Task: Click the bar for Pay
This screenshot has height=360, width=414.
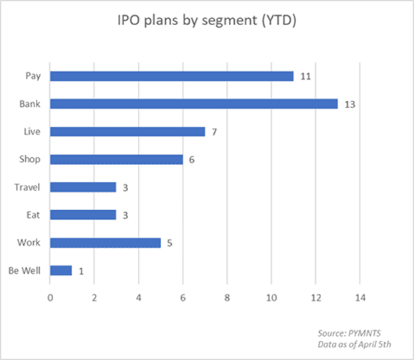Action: pyautogui.click(x=171, y=76)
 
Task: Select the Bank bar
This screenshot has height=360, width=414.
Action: pyautogui.click(x=194, y=104)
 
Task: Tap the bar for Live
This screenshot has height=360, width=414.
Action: pyautogui.click(x=127, y=132)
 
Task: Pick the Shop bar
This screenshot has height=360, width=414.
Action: pyautogui.click(x=116, y=159)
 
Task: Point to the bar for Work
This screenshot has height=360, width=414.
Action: pyautogui.click(x=105, y=243)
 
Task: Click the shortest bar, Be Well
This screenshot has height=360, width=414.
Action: pyautogui.click(x=60, y=270)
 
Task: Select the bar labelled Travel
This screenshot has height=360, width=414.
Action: pyautogui.click(x=83, y=187)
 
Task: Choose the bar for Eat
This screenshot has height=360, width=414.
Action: pyautogui.click(x=83, y=215)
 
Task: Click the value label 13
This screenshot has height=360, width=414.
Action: pyautogui.click(x=350, y=104)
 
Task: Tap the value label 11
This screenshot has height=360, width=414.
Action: pyautogui.click(x=305, y=76)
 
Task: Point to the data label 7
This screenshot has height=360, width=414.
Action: pyautogui.click(x=214, y=132)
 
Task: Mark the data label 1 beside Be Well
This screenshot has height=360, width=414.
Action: pyautogui.click(x=81, y=270)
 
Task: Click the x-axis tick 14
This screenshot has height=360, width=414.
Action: pyautogui.click(x=360, y=296)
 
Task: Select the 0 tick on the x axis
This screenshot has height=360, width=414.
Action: pyautogui.click(x=50, y=296)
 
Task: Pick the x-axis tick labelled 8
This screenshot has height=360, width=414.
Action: pyautogui.click(x=227, y=296)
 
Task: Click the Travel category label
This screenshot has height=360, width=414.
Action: pyautogui.click(x=27, y=187)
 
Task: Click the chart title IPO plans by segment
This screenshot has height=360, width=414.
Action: pyautogui.click(x=206, y=21)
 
